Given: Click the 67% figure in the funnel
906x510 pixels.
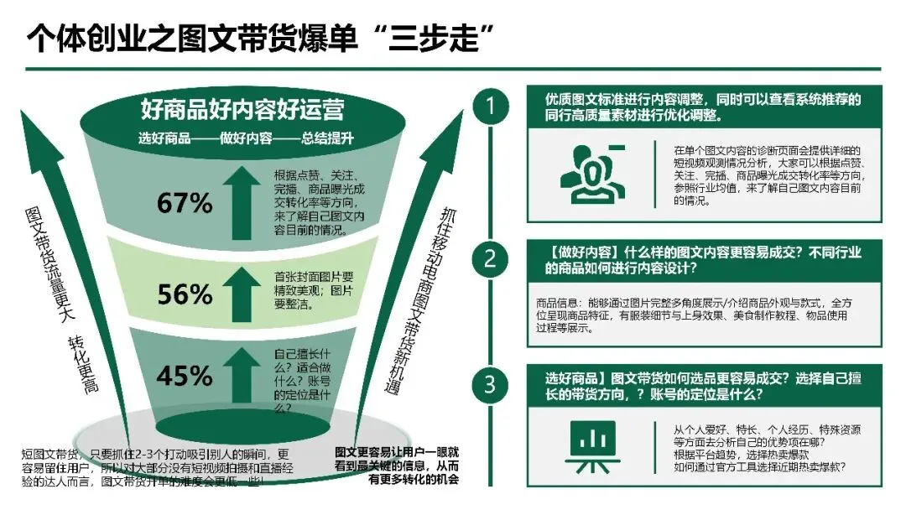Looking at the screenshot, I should coord(185,203).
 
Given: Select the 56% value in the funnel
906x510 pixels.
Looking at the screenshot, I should coord(185,294).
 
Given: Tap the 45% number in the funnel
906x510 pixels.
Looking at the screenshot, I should coord(185,377).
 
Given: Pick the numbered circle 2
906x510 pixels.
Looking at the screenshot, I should coord(490,259).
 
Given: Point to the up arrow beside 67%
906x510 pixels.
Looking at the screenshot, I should coord(245,197).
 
